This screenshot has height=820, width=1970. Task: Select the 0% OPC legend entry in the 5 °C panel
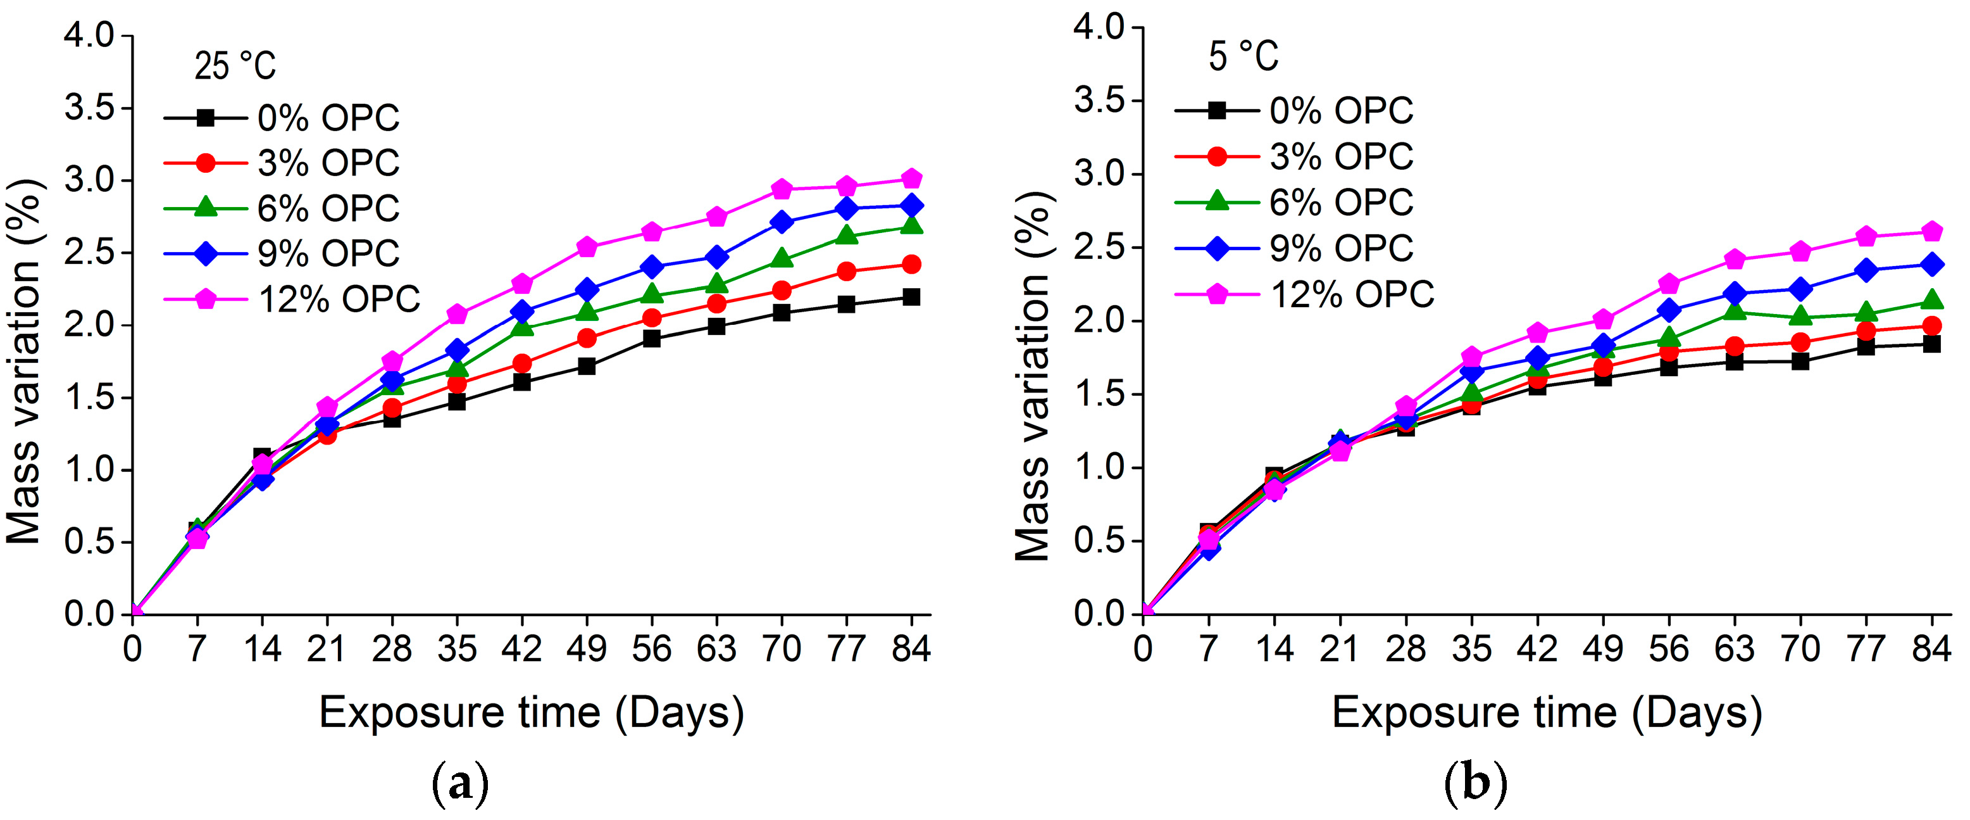1294,111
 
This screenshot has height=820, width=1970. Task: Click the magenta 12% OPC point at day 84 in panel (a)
911,179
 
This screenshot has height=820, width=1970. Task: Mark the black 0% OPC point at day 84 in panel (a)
911,297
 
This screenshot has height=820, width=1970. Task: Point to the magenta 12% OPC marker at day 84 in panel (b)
1932,231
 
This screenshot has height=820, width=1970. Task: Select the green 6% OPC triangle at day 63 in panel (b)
1735,310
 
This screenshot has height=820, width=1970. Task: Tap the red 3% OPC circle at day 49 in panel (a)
587,338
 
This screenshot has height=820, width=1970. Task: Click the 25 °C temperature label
235,66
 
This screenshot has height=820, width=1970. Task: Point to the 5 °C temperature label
1244,56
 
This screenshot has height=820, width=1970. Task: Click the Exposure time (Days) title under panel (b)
1547,713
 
